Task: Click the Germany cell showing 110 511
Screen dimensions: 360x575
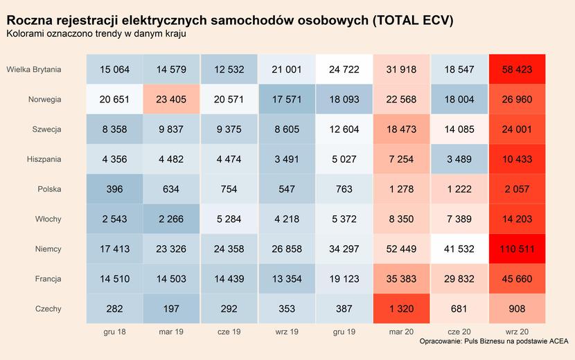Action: pyautogui.click(x=517, y=249)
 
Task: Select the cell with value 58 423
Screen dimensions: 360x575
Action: pyautogui.click(x=517, y=69)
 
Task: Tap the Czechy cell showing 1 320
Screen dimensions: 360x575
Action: pyautogui.click(x=402, y=309)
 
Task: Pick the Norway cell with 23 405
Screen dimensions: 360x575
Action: pyautogui.click(x=171, y=99)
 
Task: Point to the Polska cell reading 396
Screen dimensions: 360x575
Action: pyautogui.click(x=114, y=189)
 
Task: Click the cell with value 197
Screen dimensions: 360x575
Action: pyautogui.click(x=171, y=309)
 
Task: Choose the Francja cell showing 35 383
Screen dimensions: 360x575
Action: pyautogui.click(x=402, y=279)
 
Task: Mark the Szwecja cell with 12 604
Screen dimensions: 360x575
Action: pyautogui.click(x=344, y=129)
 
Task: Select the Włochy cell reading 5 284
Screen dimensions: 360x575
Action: pyautogui.click(x=229, y=219)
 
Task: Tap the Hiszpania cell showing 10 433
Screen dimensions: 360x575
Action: pyautogui.click(x=517, y=159)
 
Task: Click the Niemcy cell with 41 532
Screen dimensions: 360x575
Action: pyautogui.click(x=460, y=249)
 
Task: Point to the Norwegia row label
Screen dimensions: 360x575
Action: pyautogui.click(x=44, y=99)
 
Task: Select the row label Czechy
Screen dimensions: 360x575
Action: pyautogui.click(x=48, y=309)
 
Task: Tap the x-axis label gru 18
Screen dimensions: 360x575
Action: pyautogui.click(x=114, y=332)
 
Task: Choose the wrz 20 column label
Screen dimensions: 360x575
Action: pyautogui.click(x=517, y=332)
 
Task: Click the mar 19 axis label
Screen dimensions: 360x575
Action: pyautogui.click(x=171, y=332)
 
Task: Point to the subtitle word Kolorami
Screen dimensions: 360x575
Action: pyautogui.click(x=26, y=33)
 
